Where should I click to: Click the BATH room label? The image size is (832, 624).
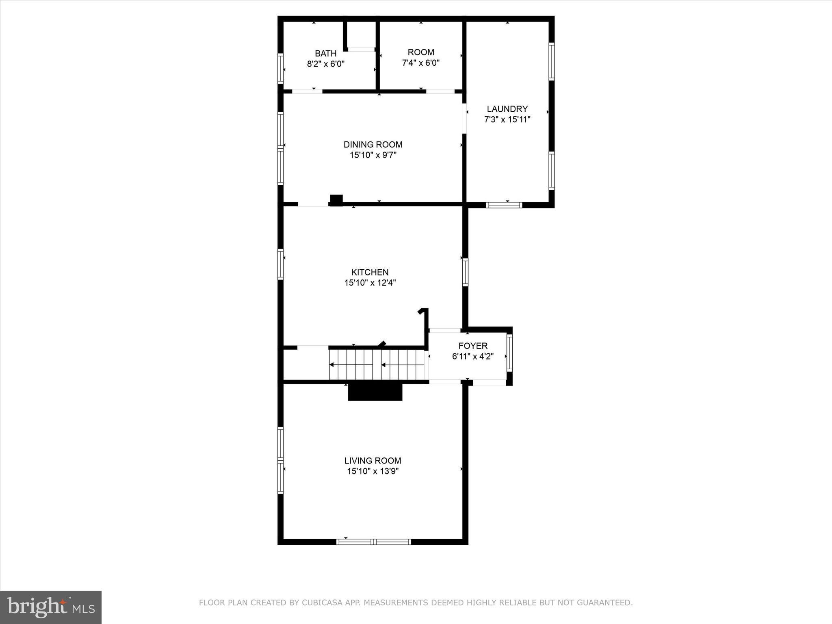(x=325, y=53)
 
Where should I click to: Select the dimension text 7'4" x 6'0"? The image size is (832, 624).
(x=421, y=63)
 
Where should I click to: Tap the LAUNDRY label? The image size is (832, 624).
(x=507, y=109)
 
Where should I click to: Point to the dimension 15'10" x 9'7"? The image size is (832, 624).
(x=373, y=155)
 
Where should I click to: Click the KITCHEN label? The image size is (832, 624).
(x=370, y=272)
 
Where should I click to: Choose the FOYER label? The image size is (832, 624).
(x=473, y=346)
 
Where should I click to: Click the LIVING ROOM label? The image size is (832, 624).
(x=373, y=461)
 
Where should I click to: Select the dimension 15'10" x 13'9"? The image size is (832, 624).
(x=373, y=471)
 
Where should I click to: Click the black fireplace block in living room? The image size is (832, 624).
(x=375, y=392)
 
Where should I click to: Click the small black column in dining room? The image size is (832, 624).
(x=336, y=200)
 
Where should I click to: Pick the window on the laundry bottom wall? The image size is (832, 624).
(x=504, y=205)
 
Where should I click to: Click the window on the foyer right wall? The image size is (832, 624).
(x=509, y=353)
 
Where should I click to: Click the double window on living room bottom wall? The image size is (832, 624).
(x=373, y=542)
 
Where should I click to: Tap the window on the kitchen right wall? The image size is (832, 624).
(x=465, y=272)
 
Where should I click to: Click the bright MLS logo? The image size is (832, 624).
(x=51, y=607)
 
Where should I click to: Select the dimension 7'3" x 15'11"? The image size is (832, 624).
(x=507, y=119)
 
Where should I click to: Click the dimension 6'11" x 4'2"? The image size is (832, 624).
(x=473, y=356)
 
